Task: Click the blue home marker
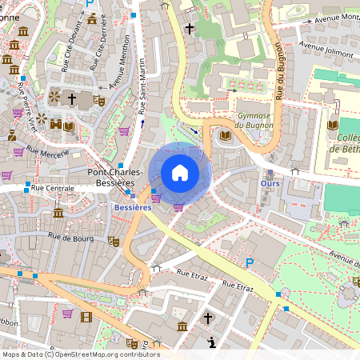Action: pyautogui.click(x=180, y=173)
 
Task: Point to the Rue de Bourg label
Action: pyautogui.click(x=70, y=236)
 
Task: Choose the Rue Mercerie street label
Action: pyautogui.click(x=46, y=150)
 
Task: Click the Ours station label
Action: pyautogui.click(x=270, y=183)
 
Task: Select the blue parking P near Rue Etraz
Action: pyautogui.click(x=250, y=262)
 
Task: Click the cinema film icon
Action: pyautogui.click(x=86, y=317)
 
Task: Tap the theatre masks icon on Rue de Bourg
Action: pyautogui.click(x=114, y=241)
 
